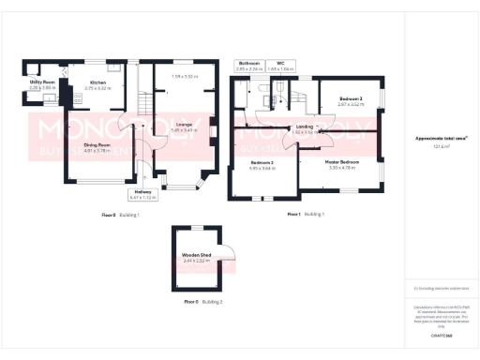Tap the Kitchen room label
(x=98, y=82)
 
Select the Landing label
(x=304, y=126)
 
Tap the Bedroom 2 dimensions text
(x=262, y=169)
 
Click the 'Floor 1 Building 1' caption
(x=305, y=215)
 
